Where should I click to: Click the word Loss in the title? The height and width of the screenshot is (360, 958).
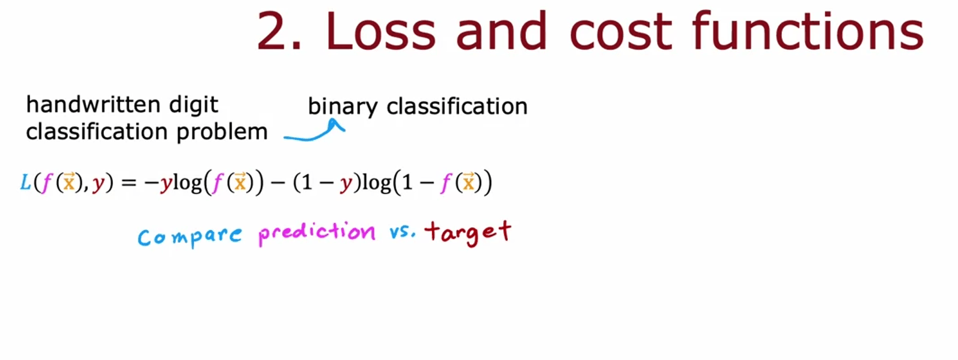tap(380, 31)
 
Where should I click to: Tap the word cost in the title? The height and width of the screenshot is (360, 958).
tap(621, 33)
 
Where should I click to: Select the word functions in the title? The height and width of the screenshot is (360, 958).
tap(808, 30)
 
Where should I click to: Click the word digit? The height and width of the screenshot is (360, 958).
tap(194, 105)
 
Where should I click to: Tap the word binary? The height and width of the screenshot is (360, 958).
tap(343, 107)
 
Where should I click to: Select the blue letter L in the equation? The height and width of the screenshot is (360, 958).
tap(26, 183)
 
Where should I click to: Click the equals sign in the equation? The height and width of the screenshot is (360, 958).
tap(128, 183)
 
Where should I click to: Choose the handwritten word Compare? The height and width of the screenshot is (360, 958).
tap(189, 237)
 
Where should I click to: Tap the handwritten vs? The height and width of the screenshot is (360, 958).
tap(402, 231)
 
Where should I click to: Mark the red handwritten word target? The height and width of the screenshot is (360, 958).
tap(468, 233)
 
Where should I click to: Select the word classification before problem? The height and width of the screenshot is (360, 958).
tap(97, 131)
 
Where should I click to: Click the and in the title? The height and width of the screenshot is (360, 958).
tap(502, 31)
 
